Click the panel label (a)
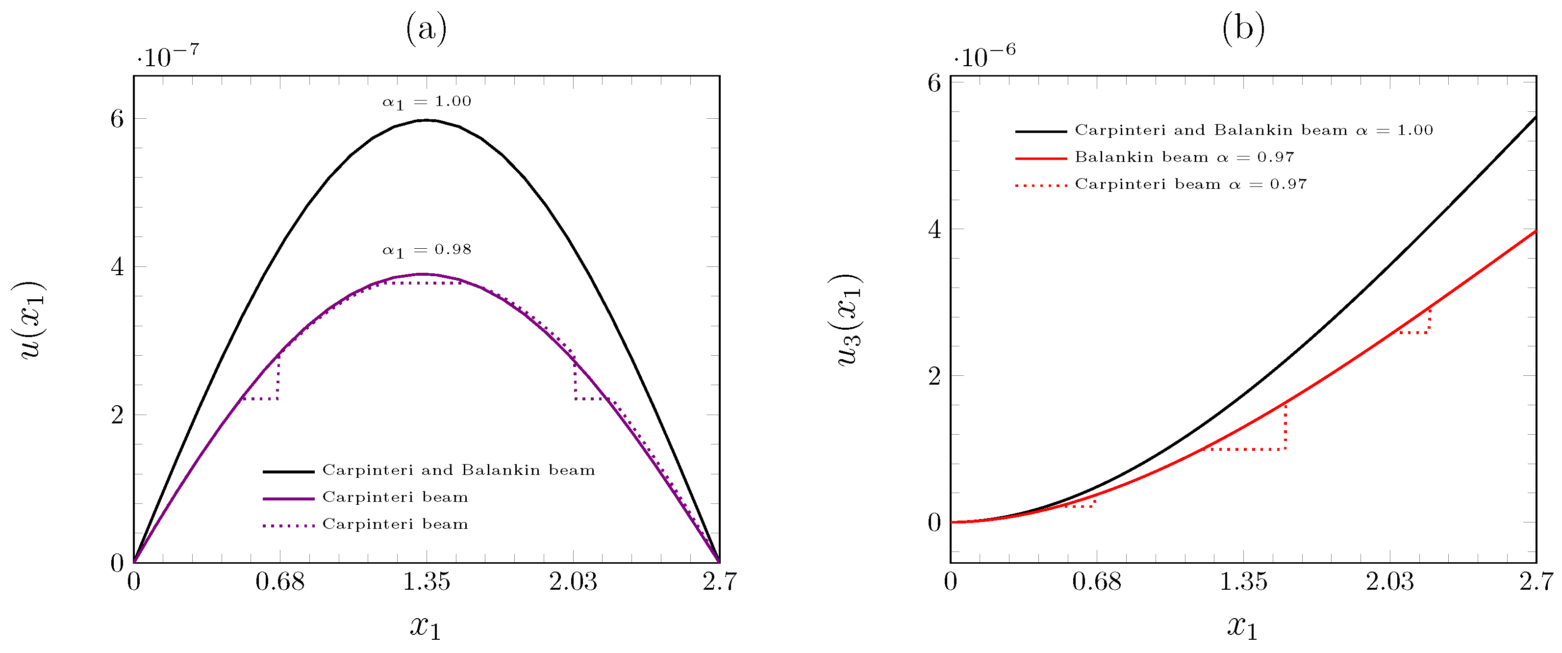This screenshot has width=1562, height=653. pyautogui.click(x=426, y=28)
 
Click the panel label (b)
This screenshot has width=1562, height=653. pyautogui.click(x=1243, y=28)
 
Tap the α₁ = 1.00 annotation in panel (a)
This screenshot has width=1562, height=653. pyautogui.click(x=426, y=102)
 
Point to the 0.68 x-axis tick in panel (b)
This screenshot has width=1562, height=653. pyautogui.click(x=1096, y=581)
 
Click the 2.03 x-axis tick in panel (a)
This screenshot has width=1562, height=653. pyautogui.click(x=573, y=581)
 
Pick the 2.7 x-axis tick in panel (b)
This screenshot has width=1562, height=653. pyautogui.click(x=1536, y=581)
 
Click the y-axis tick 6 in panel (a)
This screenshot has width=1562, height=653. pyautogui.click(x=117, y=119)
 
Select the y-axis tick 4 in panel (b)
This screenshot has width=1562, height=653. pyautogui.click(x=934, y=230)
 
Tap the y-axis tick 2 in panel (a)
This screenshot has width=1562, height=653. pyautogui.click(x=117, y=415)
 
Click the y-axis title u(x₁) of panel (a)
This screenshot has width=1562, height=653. pyautogui.click(x=29, y=320)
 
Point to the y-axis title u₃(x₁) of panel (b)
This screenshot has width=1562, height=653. pyautogui.click(x=848, y=320)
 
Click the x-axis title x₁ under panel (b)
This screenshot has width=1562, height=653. pyautogui.click(x=1242, y=627)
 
